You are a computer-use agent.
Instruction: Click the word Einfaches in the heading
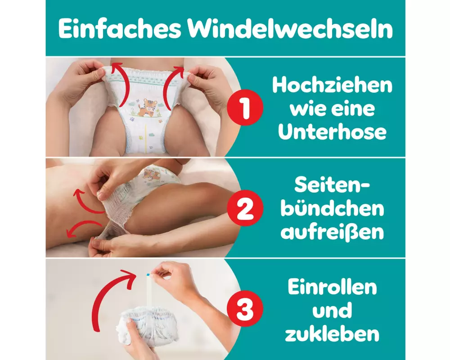pos(120,29)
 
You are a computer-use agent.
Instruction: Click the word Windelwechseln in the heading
pos(290,29)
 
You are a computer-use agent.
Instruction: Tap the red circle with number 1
pos(245,108)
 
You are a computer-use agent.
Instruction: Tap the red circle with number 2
pos(245,208)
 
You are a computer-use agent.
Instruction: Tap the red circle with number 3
pos(245,309)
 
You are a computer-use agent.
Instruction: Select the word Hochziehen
pos(332,85)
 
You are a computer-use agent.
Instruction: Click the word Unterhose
pos(332,132)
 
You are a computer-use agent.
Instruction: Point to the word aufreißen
pos(332,232)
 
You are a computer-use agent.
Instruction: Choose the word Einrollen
pos(332,287)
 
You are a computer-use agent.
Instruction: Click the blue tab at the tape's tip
pos(148,275)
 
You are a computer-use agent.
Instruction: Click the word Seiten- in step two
pos(332,185)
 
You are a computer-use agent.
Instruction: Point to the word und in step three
pos(332,310)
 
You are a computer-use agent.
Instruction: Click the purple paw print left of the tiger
pos(132,118)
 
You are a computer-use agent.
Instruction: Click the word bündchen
pos(332,209)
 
